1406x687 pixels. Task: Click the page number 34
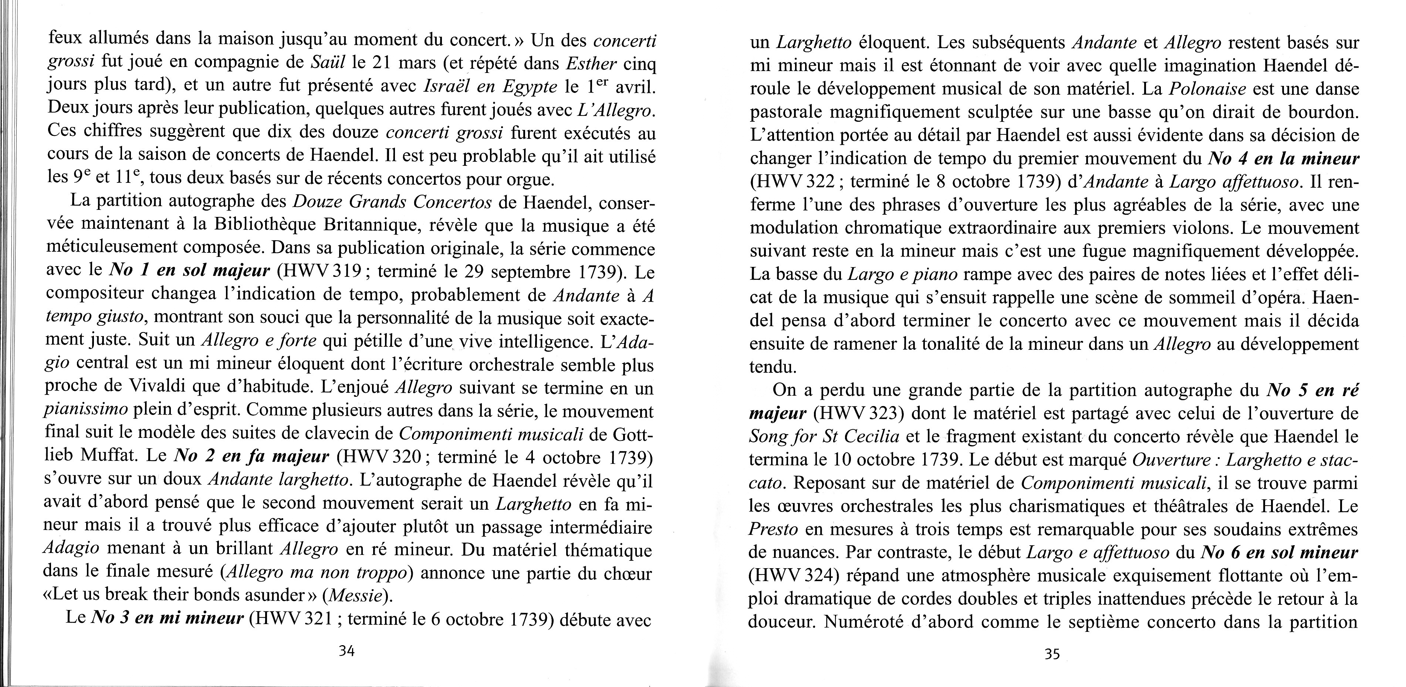(347, 651)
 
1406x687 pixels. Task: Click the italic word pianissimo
(85, 410)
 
